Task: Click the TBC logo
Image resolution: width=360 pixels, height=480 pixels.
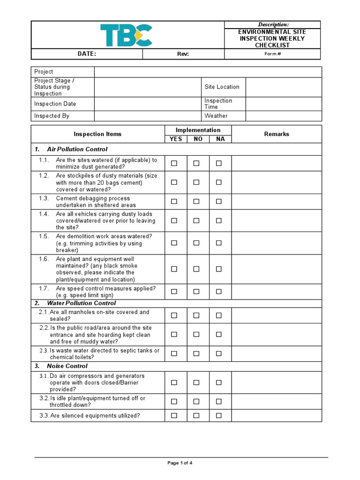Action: coord(126,35)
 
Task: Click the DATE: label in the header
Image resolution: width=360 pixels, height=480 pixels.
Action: coord(87,54)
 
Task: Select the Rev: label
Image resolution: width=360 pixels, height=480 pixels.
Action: coord(183,54)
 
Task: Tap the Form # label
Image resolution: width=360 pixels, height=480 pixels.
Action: coord(272,54)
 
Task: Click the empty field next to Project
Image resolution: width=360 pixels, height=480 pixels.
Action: coord(208,72)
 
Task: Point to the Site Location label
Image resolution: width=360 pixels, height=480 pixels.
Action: coord(222,87)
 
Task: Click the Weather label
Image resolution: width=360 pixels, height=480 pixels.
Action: coord(216,116)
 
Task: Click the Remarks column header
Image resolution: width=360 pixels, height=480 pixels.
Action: coord(277,134)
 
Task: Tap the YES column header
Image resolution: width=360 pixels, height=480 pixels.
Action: coord(176,139)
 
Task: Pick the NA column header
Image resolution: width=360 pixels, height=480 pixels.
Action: coord(220,139)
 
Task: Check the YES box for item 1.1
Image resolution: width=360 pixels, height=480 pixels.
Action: coord(174,163)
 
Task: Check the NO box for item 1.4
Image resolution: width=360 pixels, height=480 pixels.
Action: coord(196,220)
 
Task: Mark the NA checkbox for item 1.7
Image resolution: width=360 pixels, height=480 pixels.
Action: coord(218,292)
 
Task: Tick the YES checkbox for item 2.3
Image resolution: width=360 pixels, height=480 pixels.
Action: coord(174,354)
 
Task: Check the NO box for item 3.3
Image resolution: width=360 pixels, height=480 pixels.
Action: coord(196,415)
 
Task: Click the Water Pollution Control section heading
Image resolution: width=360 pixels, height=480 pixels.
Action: coord(81,303)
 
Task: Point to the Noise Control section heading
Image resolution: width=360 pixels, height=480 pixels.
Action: coord(67,366)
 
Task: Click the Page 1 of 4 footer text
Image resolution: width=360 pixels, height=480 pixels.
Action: coord(180,463)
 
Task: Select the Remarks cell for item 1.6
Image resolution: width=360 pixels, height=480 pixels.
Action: coord(277,269)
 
